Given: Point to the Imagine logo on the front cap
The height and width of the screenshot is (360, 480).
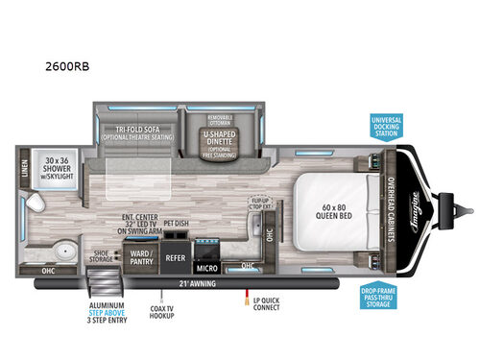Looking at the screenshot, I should point(421,206).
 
